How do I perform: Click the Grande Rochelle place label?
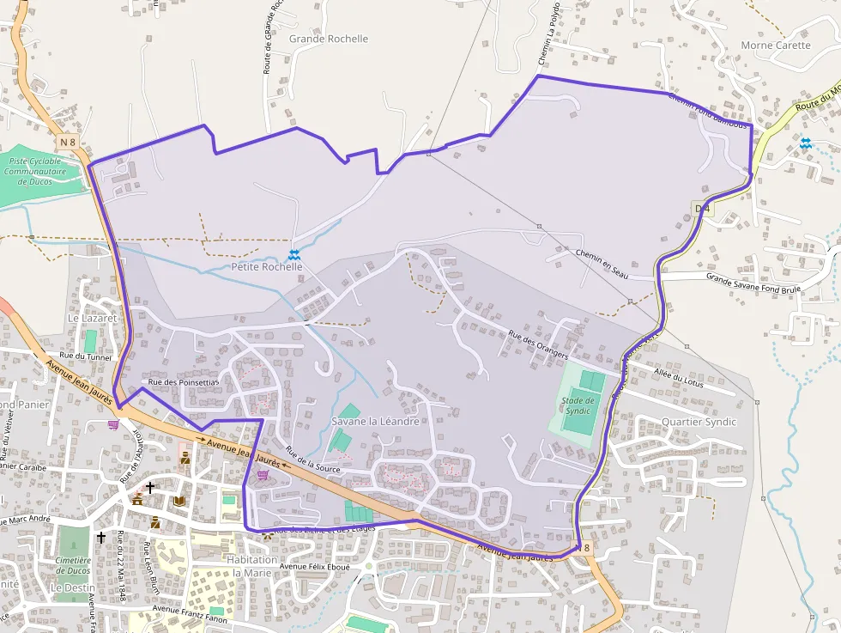[x=329, y=39]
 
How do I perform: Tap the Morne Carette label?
[x=775, y=46]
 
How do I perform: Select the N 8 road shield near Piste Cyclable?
[x=69, y=142]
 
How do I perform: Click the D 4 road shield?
[x=702, y=208]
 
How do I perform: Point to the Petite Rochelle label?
[x=267, y=267]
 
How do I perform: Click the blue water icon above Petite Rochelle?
[x=293, y=254]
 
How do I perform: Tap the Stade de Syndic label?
[x=578, y=405]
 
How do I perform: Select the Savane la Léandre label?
[x=375, y=422]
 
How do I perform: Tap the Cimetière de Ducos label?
[x=73, y=565]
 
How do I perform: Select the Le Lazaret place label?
[x=92, y=318]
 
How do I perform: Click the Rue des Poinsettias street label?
[x=184, y=381]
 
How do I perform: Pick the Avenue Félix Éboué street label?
[x=314, y=567]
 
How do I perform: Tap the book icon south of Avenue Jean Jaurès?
[x=178, y=501]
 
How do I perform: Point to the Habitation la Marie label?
[x=252, y=566]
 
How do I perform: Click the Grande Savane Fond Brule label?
[x=753, y=283]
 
